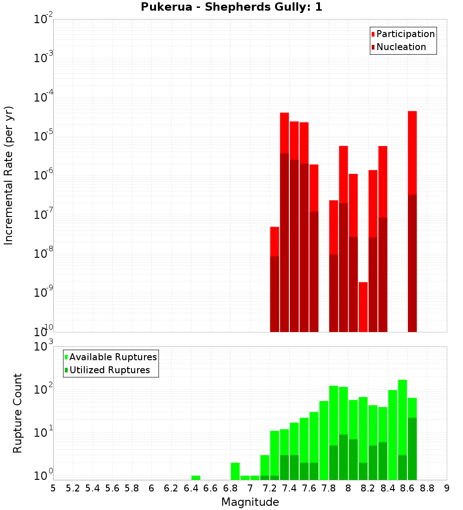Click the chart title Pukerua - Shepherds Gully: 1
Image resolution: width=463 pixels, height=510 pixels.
pos(231,7)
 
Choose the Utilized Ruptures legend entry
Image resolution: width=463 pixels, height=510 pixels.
pos(109,370)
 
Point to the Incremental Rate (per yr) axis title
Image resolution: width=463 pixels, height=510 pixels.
pos(9,175)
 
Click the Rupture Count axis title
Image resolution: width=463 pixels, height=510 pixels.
pos(18,413)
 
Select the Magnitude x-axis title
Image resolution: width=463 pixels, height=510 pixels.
pos(250,502)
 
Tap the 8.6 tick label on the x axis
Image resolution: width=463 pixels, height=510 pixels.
pos(407,488)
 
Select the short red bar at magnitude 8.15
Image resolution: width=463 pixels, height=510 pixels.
pos(363,306)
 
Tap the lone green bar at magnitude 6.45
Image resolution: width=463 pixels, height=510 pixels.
pos(196,478)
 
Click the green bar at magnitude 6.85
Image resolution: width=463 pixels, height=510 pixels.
pos(235,471)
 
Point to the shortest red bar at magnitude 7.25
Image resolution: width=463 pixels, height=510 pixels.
pos(275,241)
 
